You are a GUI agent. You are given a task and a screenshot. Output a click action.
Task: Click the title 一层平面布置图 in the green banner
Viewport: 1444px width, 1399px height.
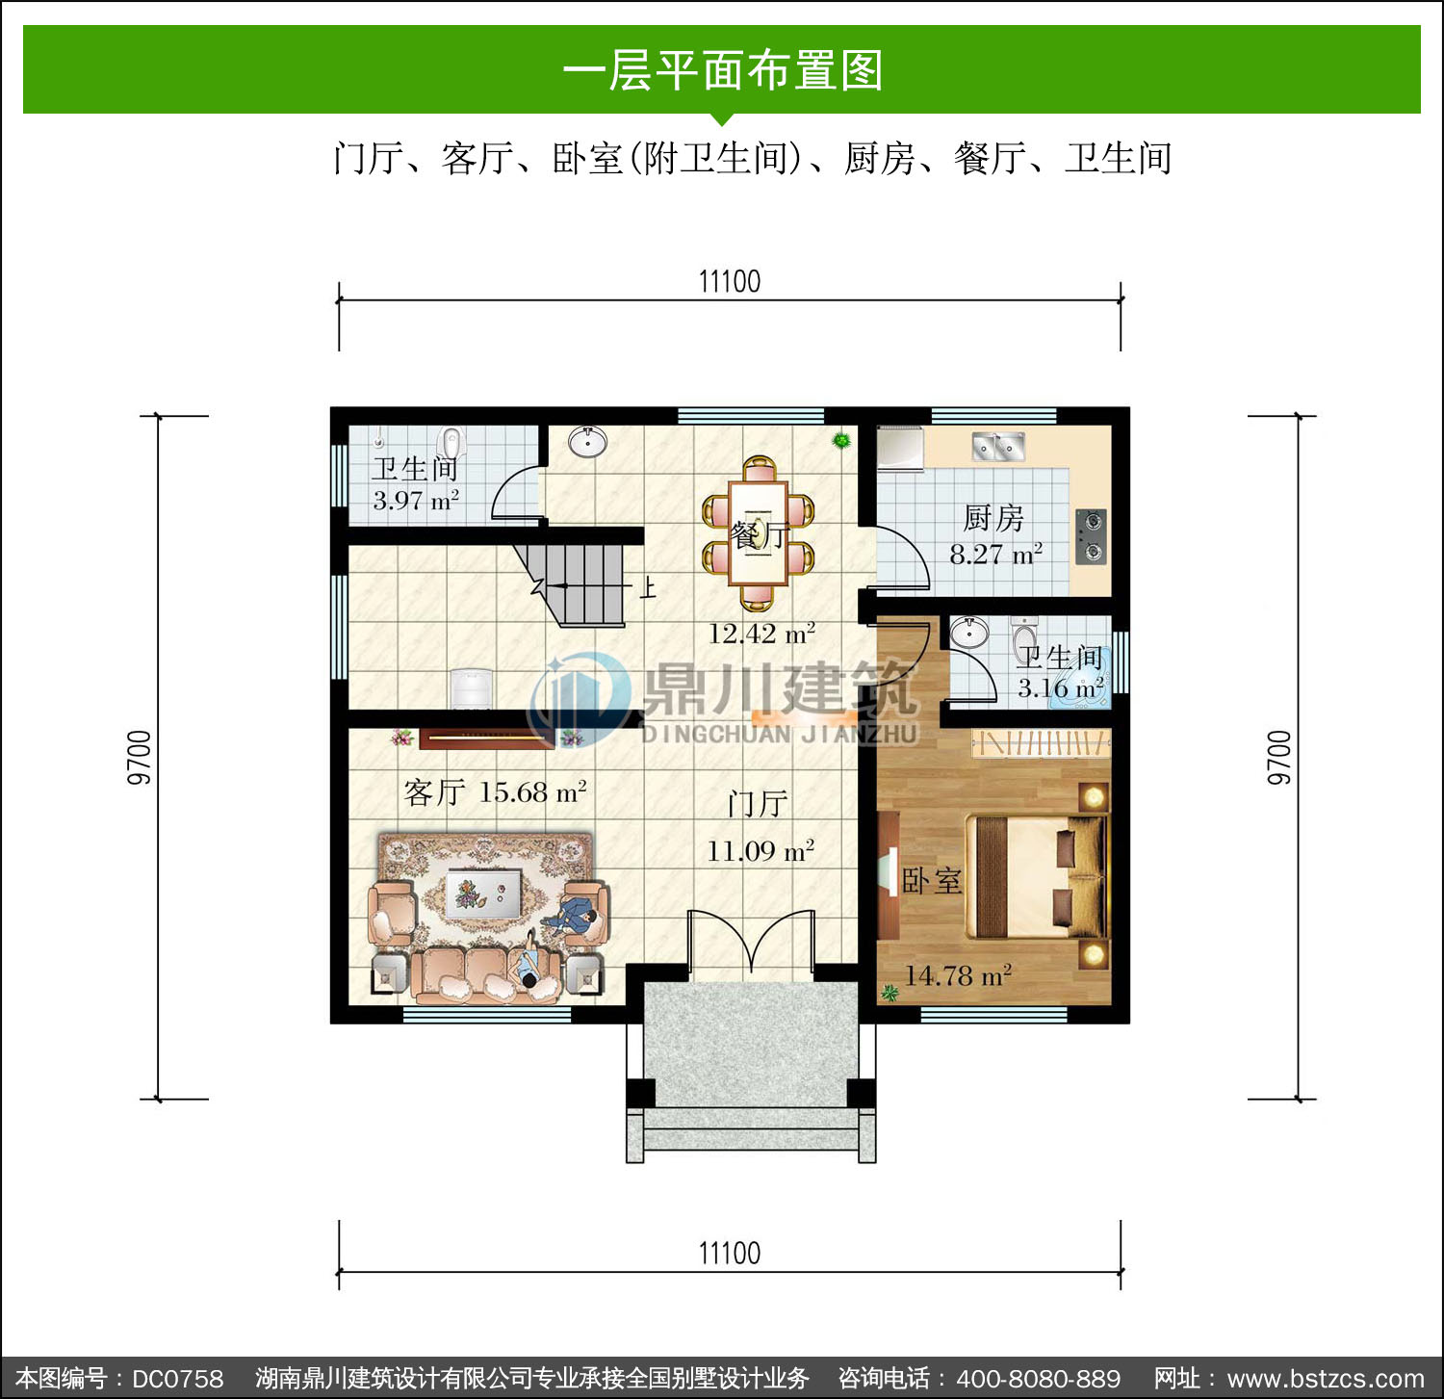coord(722,70)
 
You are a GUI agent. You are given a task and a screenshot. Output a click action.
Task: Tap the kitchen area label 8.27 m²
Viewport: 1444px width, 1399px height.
coord(995,554)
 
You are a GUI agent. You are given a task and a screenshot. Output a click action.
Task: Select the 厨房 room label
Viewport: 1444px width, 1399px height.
coord(993,518)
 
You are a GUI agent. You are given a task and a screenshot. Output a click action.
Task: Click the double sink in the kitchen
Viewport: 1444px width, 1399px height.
coord(997,446)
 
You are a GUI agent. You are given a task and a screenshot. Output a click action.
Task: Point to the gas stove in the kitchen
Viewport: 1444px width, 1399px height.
coord(1091,536)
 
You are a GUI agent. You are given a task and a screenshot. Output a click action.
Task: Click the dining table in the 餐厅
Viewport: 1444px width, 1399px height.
coord(759,533)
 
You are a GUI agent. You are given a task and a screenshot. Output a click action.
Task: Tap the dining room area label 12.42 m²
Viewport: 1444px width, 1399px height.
coord(761,634)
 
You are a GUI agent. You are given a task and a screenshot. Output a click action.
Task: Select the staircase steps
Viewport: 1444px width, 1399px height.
coord(578,583)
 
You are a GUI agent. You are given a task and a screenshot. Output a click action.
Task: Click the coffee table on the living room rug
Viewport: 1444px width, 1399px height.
coord(483,894)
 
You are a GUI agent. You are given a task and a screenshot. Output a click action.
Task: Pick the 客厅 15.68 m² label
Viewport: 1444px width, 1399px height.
coord(495,792)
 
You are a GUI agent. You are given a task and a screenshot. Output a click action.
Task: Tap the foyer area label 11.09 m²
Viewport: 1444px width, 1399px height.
coord(761,851)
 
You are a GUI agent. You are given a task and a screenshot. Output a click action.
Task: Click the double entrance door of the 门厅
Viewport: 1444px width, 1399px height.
coord(751,944)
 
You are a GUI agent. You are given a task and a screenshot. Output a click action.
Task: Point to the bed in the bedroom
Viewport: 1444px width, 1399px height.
coord(1036,876)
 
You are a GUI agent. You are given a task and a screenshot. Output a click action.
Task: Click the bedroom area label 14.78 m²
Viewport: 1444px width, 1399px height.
coord(958,975)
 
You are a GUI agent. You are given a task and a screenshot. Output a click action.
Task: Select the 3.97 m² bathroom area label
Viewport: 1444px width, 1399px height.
coord(416,501)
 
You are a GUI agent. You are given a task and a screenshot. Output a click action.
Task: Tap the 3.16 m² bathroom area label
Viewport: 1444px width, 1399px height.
coord(1061,688)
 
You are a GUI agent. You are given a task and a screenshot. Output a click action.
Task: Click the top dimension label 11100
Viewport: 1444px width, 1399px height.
coord(729,281)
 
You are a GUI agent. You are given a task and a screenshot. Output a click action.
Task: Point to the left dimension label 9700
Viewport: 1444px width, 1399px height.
coord(140,758)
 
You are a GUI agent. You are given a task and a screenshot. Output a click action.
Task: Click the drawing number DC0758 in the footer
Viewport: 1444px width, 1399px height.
coord(178,1379)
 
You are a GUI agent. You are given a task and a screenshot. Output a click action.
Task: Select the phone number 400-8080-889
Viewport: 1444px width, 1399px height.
coord(1039,1379)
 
